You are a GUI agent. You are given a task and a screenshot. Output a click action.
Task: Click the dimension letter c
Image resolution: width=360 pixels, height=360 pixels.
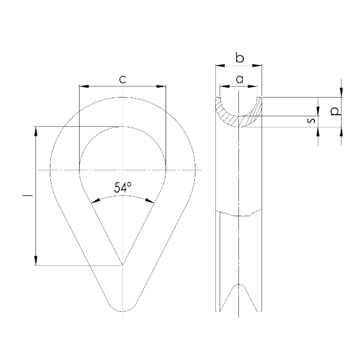coord(122,80)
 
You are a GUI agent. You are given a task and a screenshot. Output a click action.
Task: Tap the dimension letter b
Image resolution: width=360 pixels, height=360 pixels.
coord(240,58)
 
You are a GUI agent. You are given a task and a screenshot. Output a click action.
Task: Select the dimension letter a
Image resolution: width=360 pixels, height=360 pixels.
coord(239,80)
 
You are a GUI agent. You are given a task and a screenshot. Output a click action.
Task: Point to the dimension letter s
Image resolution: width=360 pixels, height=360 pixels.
coord(311,120)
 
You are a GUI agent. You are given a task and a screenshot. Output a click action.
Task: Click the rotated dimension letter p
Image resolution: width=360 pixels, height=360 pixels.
coord(335,112)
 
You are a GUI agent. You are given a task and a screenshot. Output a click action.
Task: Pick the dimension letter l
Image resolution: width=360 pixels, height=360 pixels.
coord(27,196)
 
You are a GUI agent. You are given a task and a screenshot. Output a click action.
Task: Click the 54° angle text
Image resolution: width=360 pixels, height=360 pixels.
coord(122,187)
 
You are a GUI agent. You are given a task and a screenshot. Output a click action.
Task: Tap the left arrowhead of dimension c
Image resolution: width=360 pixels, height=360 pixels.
coord(84,86)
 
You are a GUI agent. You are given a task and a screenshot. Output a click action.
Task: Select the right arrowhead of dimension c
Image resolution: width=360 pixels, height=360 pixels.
coord(161,86)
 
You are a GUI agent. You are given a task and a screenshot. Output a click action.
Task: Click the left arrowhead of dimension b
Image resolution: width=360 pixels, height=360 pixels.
coord(220,65)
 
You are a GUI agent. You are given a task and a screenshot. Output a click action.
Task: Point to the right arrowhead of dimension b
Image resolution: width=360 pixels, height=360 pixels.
coord(257,65)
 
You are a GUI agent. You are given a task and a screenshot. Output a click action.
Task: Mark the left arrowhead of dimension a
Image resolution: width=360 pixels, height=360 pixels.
coord(225,86)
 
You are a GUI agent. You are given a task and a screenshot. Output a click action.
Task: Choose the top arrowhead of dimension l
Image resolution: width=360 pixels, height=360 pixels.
coord(36,131)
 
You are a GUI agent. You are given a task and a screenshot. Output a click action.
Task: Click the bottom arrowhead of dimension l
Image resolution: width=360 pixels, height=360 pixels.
coord(36,261)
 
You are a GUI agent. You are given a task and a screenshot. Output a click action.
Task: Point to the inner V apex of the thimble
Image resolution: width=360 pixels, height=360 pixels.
coord(122,265)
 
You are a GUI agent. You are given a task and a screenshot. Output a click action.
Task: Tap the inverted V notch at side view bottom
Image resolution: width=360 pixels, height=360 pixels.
coord(239,285)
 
